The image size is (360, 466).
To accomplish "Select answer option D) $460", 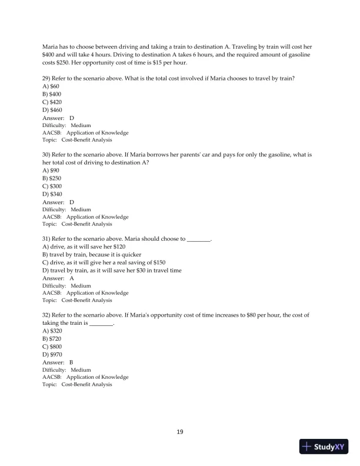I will click(x=52, y=110).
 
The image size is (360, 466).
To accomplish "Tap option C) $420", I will click(x=52, y=102).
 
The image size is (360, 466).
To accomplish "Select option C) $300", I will click(x=52, y=186).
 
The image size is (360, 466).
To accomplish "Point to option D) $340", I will click(x=52, y=194).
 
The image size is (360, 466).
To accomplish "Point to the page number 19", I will click(x=180, y=432).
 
